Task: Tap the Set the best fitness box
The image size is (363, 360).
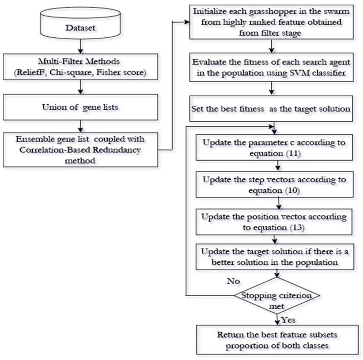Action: [x=271, y=109]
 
